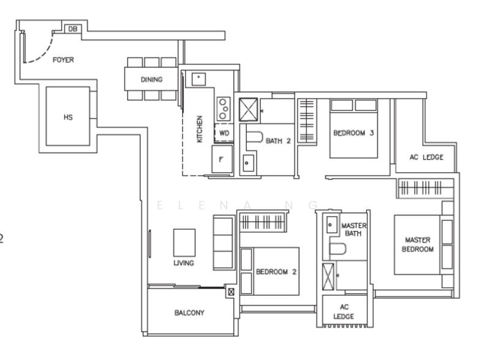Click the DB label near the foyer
point(72,29)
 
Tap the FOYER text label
point(63,59)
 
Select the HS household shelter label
point(68,117)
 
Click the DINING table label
point(151,80)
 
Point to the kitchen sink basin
point(198,79)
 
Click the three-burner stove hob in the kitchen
point(224,109)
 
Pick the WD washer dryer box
point(224,133)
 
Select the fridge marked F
point(222,159)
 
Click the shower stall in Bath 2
point(249,110)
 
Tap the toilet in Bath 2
point(254,137)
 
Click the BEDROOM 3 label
point(353,133)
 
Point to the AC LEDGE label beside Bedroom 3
point(426,157)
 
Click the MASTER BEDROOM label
point(418,244)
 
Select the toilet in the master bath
point(338,249)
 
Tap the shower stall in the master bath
point(328,277)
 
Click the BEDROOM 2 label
point(276,272)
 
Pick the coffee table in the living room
point(184,243)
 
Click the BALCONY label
point(189,312)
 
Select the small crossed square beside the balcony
point(231,292)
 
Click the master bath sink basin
point(331,225)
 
